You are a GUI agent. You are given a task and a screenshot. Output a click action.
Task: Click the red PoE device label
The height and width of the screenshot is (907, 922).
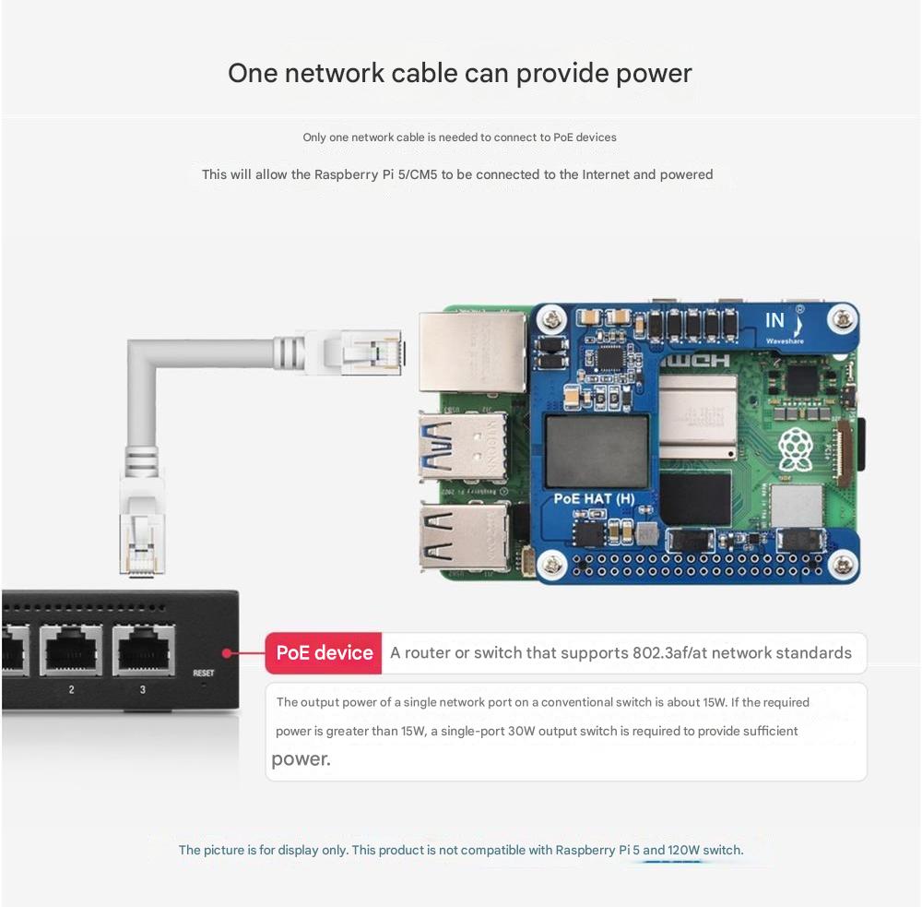pyautogui.click(x=324, y=653)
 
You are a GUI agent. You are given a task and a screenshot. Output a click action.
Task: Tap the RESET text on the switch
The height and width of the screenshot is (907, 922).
pyautogui.click(x=204, y=673)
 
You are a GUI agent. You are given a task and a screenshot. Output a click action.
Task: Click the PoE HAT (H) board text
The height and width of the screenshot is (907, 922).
pyautogui.click(x=594, y=499)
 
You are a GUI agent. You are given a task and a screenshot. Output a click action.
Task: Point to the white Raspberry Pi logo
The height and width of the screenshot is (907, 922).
pyautogui.click(x=795, y=449)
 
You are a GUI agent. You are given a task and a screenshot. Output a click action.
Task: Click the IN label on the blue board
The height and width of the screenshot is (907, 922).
pyautogui.click(x=774, y=321)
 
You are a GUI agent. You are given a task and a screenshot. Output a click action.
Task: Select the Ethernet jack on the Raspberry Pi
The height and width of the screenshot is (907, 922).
pyautogui.click(x=471, y=352)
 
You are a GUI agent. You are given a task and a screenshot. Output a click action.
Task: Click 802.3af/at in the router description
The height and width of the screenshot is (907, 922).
pyautogui.click(x=669, y=653)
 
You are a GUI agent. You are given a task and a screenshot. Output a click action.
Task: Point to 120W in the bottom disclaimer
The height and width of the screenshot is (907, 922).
pyautogui.click(x=686, y=850)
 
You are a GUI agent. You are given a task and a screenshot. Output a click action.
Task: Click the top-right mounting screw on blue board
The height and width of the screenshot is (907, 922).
pyautogui.click(x=843, y=320)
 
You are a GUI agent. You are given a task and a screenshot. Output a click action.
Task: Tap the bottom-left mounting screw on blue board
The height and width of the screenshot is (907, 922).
pyautogui.click(x=551, y=563)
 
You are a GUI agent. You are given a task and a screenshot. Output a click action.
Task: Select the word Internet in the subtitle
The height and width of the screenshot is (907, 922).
pyautogui.click(x=605, y=174)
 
